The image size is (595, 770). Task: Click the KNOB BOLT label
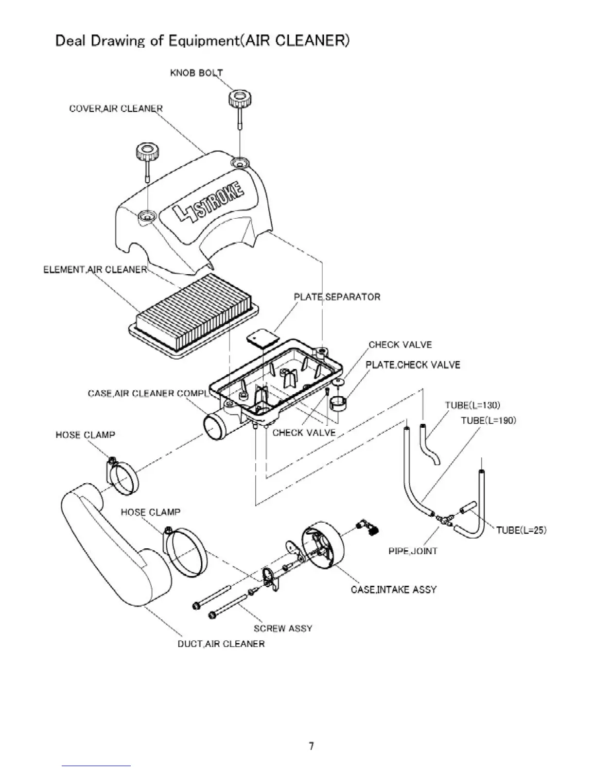click(x=196, y=73)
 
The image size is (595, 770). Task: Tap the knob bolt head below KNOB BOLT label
click(x=240, y=98)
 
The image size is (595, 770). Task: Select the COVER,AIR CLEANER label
click(x=116, y=108)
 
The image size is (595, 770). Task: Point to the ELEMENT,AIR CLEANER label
click(x=95, y=269)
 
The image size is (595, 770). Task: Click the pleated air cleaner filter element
click(x=194, y=311)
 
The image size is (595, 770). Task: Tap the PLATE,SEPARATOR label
click(x=337, y=297)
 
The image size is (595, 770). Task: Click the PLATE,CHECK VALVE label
click(x=413, y=365)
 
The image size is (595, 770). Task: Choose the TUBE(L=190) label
click(x=488, y=420)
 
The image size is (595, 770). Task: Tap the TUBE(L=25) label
click(x=521, y=530)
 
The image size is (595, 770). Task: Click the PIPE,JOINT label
click(x=413, y=551)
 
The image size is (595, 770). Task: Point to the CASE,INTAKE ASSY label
click(x=393, y=590)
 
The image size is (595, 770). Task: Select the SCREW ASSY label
click(x=282, y=629)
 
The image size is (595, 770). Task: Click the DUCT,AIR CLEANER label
click(x=221, y=644)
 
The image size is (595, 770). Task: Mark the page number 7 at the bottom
click(x=311, y=746)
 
